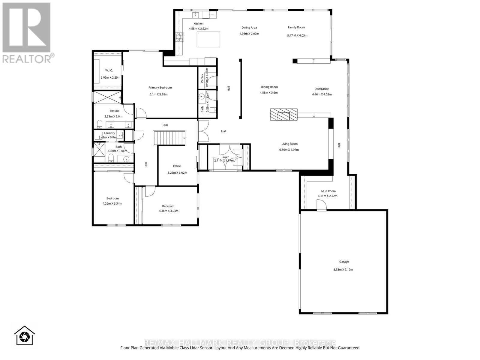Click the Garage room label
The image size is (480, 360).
click(344, 262)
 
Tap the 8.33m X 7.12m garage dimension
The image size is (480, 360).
click(343, 269)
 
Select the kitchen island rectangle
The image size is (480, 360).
click(208, 39)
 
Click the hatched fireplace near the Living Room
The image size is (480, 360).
click(283, 114)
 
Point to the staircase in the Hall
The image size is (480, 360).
click(169, 138)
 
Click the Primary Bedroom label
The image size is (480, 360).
click(160, 88)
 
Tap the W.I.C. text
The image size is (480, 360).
click(109, 70)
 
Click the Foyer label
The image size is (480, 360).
click(225, 157)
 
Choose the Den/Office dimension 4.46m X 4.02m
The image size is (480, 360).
click(322, 94)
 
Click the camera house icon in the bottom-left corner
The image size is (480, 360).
click(25, 335)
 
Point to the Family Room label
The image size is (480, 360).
click(296, 27)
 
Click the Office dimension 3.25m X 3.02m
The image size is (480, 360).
click(177, 172)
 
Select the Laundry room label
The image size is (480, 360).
click(109, 133)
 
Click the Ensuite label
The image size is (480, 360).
click(114, 111)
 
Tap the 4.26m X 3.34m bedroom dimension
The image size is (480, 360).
click(112, 203)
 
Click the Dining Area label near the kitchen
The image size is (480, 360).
click(249, 28)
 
